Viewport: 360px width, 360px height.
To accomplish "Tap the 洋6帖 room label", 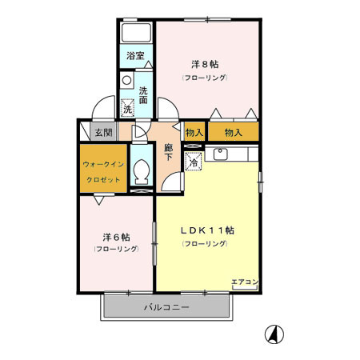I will pos(115,237).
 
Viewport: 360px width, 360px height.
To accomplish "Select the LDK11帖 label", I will pos(206,230).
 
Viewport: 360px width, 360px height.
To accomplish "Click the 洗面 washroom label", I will pos(143,95).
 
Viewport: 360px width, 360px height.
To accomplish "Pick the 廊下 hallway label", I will pos(168,152).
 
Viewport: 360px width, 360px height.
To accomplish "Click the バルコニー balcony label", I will pos(166,307).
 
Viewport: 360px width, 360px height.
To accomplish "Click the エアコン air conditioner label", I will pos(245,282).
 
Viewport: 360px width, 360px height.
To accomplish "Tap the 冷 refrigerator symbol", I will pos(194,161).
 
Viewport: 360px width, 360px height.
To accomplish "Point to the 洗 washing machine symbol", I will pos(127,108).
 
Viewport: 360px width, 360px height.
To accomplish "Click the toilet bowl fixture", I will pos(141,171).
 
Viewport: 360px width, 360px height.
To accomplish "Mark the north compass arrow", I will pos(273,333).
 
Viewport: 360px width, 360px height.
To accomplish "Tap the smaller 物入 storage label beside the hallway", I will pos(194,132).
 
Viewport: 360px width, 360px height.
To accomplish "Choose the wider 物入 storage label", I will pos(233,132).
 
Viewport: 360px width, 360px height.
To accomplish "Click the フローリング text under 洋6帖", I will pos(115,251).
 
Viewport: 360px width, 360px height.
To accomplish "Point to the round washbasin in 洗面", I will pos(126,81).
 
